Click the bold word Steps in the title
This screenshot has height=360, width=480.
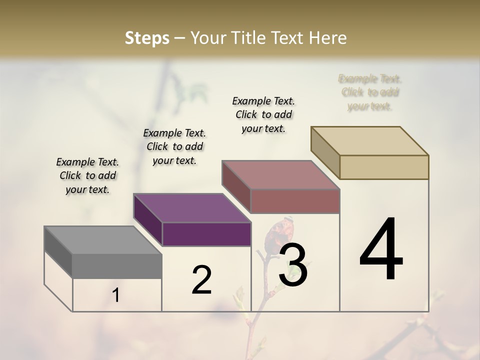[x=147, y=38]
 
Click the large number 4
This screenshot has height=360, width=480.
[x=381, y=249]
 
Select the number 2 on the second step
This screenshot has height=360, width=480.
[x=201, y=280]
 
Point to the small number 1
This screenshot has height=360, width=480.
[x=116, y=295]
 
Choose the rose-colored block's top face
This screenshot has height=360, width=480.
[x=281, y=175]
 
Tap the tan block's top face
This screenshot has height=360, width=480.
[x=370, y=141]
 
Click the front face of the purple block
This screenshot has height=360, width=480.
[x=206, y=234]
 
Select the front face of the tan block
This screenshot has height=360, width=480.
[x=384, y=167]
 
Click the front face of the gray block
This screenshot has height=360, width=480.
[x=117, y=266]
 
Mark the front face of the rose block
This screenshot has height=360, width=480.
[x=295, y=201]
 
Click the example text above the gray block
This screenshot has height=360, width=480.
[x=87, y=175]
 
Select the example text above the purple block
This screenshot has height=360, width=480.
[x=174, y=146]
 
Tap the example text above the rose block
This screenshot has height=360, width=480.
[x=263, y=114]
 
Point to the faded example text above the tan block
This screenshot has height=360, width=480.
[x=370, y=92]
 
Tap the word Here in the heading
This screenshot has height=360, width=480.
[x=328, y=38]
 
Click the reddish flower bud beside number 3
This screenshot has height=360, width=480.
[x=276, y=234]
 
